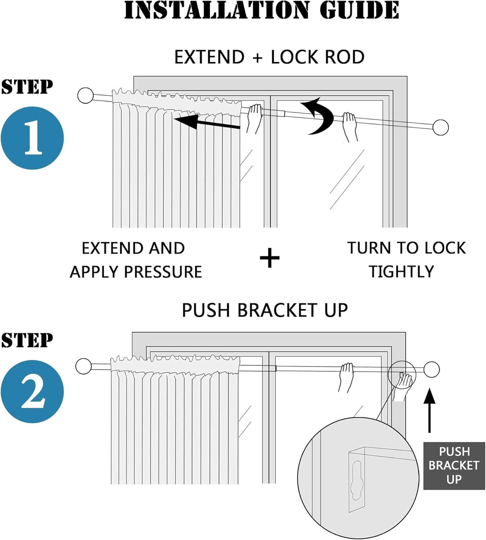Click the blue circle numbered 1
[32, 138]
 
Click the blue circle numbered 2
[32, 391]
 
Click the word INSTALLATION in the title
[216, 11]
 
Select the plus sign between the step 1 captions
[270, 258]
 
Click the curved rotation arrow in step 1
[318, 116]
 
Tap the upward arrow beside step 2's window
[429, 409]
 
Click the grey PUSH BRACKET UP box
[454, 465]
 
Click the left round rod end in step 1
[85, 95]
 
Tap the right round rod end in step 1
[440, 127]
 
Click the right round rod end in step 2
[432, 369]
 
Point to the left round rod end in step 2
[83, 366]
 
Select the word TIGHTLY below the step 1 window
[401, 272]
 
